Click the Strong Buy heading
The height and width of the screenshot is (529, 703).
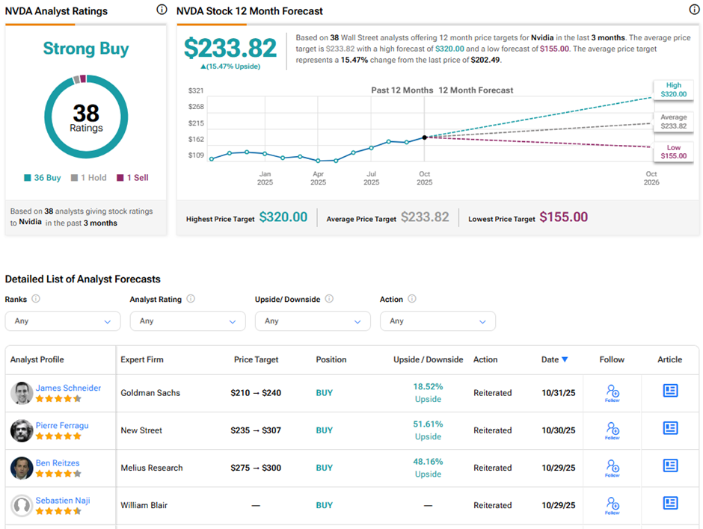[85, 49]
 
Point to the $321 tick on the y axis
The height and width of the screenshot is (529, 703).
[196, 90]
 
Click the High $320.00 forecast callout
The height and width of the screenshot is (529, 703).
[673, 90]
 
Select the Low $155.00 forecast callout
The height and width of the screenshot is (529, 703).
[673, 152]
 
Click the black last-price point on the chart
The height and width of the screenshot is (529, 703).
[425, 137]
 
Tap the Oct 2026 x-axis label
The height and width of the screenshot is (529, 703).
[651, 178]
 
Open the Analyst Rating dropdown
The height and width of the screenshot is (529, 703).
[188, 321]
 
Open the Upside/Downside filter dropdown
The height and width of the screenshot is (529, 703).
[313, 321]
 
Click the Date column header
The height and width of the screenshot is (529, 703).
[554, 359]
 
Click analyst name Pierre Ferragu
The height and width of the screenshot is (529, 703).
[62, 425]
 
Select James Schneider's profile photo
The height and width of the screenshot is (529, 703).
[22, 393]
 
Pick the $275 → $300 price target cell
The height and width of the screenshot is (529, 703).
[256, 468]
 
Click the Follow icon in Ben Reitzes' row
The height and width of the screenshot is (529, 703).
[612, 468]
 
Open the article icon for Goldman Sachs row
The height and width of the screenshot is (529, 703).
[670, 391]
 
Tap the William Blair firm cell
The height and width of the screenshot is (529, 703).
[145, 505]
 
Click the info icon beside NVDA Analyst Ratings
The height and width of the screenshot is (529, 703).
[162, 10]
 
